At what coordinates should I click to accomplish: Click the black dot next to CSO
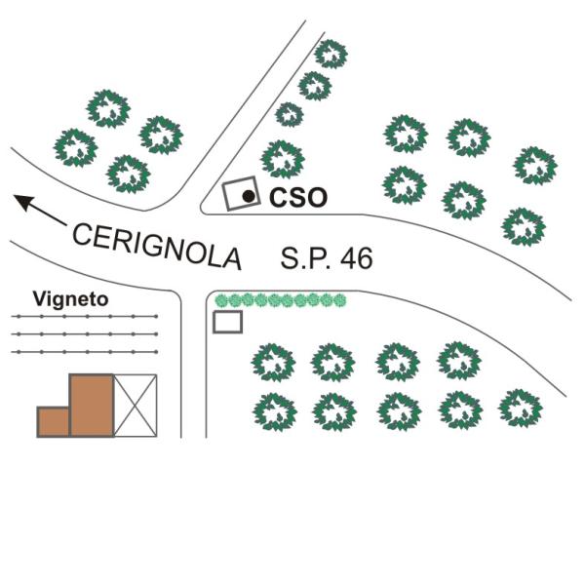(249, 196)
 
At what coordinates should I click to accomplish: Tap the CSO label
(298, 197)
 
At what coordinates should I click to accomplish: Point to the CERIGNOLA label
(157, 247)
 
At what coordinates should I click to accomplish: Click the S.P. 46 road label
(327, 257)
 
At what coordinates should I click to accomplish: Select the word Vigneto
(70, 299)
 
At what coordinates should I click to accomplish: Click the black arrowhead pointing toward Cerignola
(24, 202)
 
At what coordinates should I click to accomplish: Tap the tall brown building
(92, 406)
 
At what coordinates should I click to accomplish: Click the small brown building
(54, 421)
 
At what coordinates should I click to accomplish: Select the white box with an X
(136, 406)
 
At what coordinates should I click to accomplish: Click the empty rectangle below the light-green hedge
(227, 322)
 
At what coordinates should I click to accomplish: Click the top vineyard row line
(85, 316)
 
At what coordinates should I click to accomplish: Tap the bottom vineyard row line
(85, 351)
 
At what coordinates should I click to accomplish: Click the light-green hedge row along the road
(281, 300)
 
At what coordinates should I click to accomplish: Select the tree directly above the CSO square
(283, 159)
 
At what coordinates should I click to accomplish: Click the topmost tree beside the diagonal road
(331, 54)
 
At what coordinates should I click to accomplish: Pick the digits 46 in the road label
(356, 257)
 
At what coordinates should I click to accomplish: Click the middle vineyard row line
(85, 333)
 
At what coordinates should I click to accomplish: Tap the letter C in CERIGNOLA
(82, 234)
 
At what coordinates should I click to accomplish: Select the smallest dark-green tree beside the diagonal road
(290, 114)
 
